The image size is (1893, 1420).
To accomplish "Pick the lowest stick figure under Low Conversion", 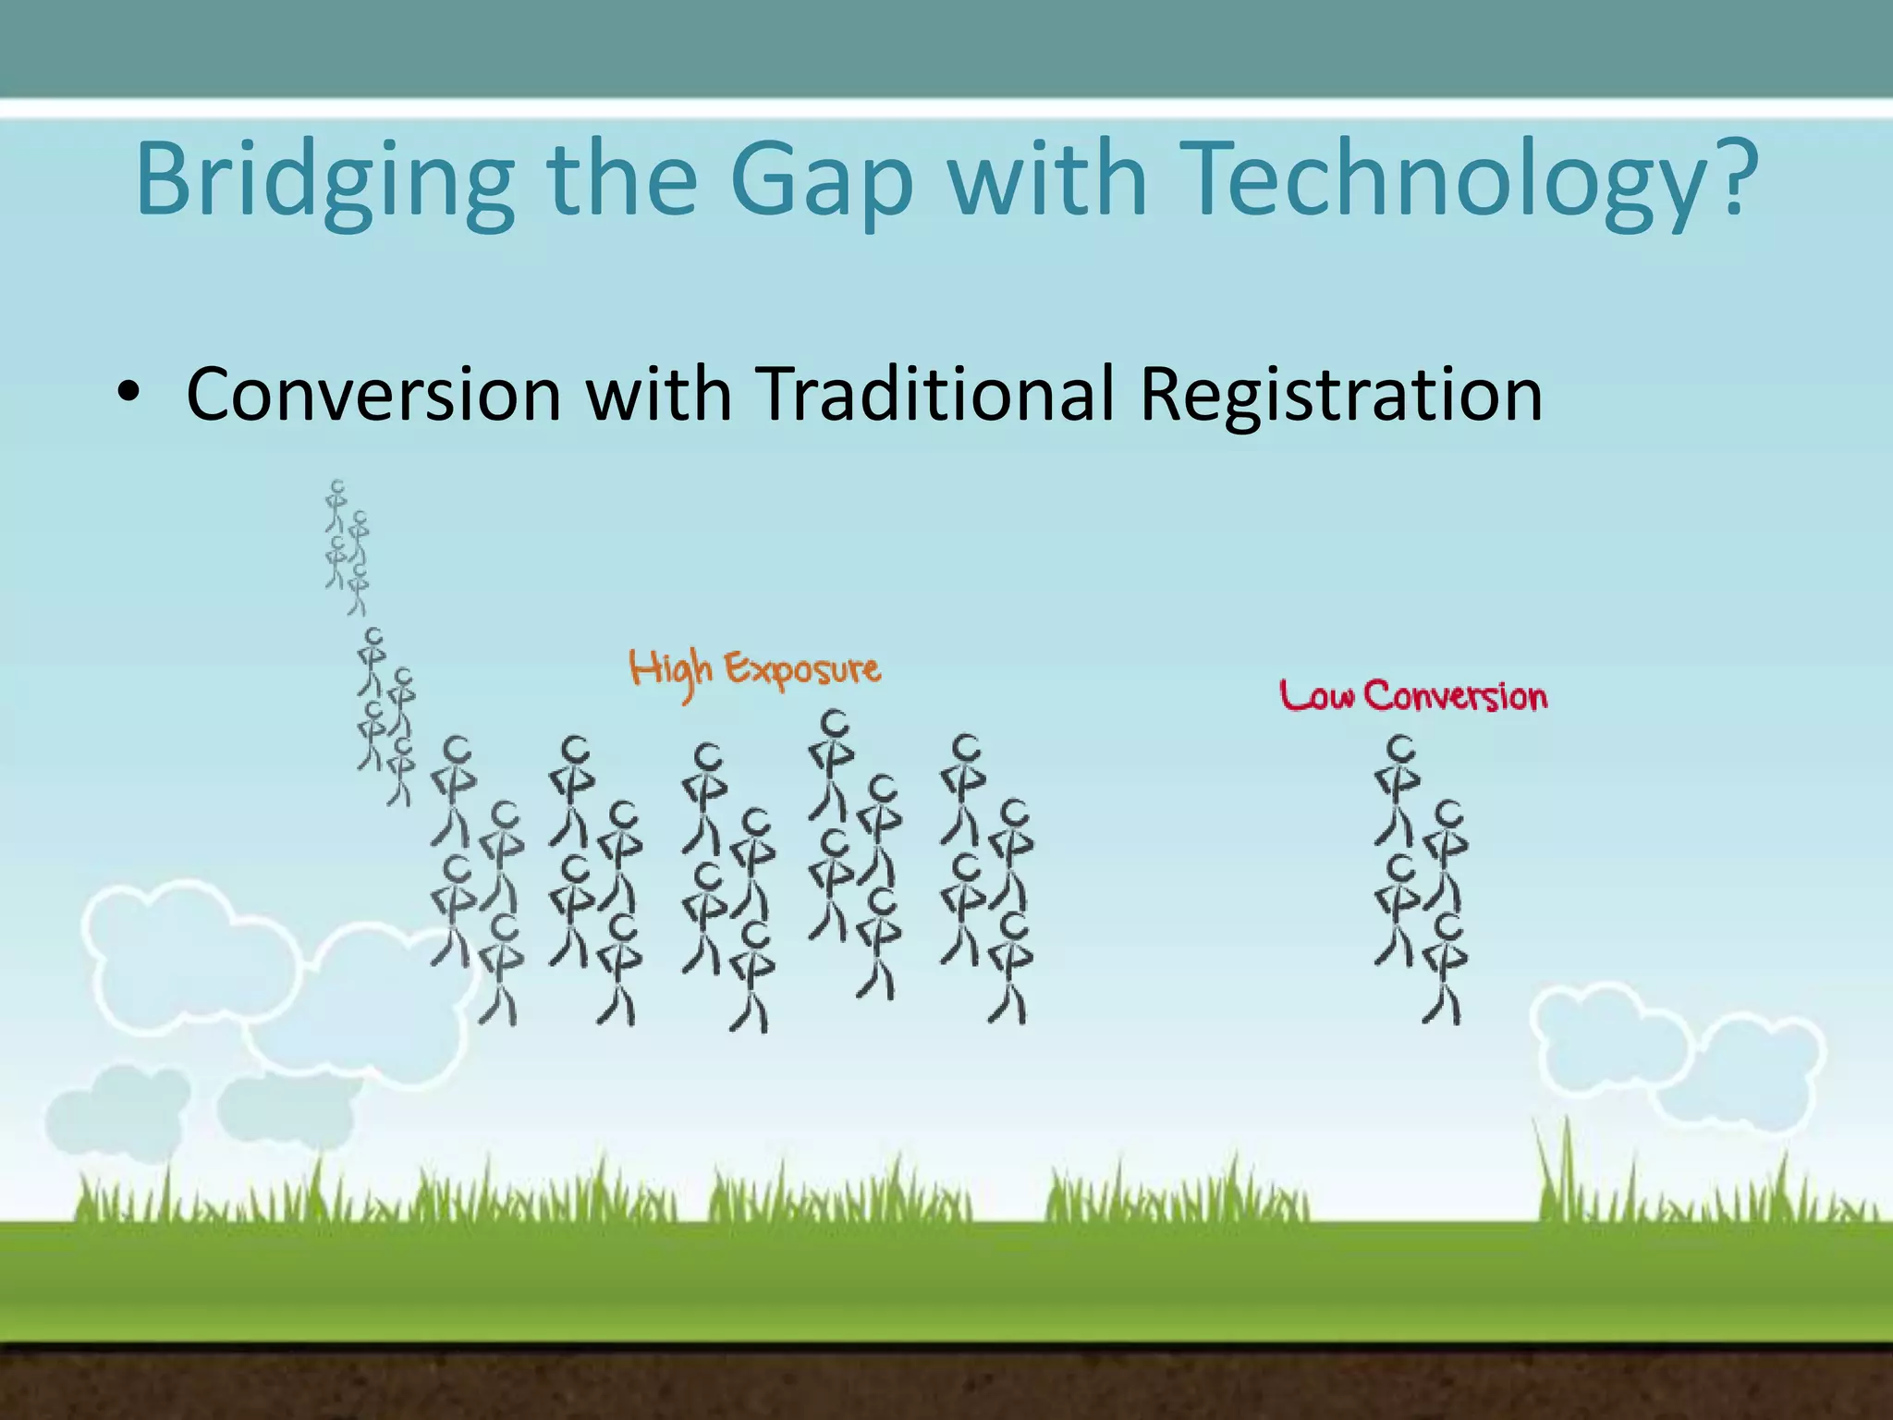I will pyautogui.click(x=1446, y=967).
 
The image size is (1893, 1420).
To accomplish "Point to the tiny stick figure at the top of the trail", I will pyautogui.click(x=336, y=504).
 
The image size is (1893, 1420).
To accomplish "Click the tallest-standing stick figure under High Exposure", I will pyautogui.click(x=832, y=763).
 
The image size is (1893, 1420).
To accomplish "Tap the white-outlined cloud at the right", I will pyautogui.click(x=1673, y=1054).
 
